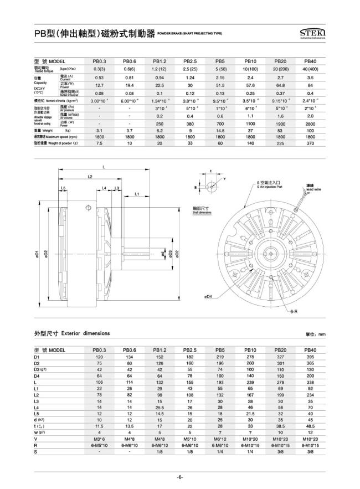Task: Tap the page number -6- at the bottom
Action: click(180, 477)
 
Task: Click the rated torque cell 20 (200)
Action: click(280, 68)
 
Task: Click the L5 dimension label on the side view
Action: click(64, 189)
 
